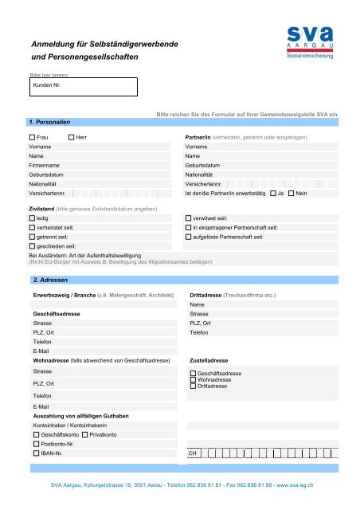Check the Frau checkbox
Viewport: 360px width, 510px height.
(x=32, y=138)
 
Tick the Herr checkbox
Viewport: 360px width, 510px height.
(x=69, y=138)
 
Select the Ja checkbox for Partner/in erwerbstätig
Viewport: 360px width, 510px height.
(x=273, y=193)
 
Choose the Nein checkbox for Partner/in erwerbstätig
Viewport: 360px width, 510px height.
(x=291, y=193)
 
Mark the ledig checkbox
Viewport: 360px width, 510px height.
(x=32, y=217)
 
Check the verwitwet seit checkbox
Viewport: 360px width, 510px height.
(x=188, y=217)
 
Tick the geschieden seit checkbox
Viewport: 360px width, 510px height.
(x=32, y=246)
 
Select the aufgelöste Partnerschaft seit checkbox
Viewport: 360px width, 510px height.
(x=188, y=237)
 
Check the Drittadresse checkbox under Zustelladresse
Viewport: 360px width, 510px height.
(x=193, y=386)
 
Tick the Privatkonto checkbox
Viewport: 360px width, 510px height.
(x=84, y=434)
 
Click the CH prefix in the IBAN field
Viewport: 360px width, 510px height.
(x=192, y=453)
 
